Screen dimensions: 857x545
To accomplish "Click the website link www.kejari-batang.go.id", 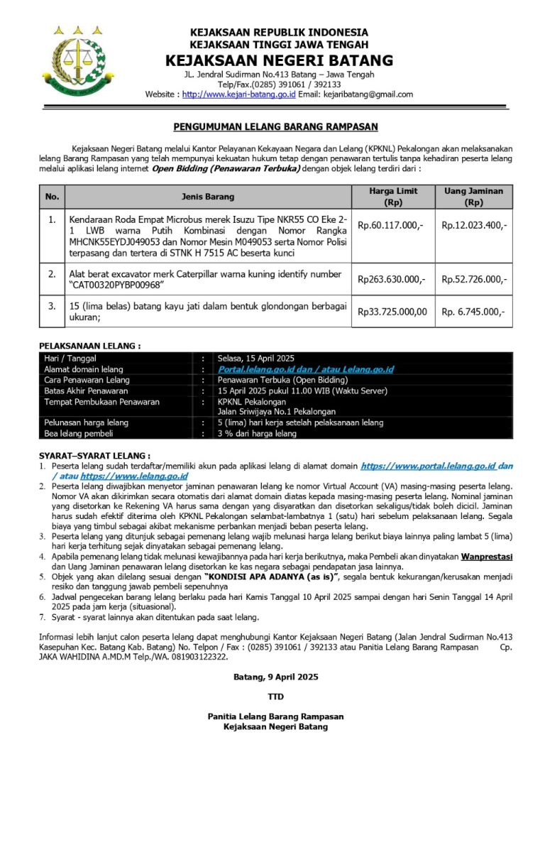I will (x=238, y=94).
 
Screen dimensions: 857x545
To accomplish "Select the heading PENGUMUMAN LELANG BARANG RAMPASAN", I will (x=276, y=127).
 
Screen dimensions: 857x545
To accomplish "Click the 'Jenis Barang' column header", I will (x=208, y=197).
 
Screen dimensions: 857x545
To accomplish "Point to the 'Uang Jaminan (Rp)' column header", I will (x=473, y=197).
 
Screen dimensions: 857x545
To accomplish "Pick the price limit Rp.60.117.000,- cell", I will (x=390, y=225).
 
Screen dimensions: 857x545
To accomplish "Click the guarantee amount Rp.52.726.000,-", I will (x=474, y=280).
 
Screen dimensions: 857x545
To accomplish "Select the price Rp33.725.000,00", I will (x=392, y=311).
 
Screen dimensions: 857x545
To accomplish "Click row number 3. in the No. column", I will (x=52, y=306).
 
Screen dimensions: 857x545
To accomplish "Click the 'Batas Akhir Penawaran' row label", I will (x=86, y=391).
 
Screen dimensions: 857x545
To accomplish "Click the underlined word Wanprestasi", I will (x=486, y=557).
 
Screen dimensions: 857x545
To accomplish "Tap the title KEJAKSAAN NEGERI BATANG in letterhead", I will (x=279, y=60).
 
